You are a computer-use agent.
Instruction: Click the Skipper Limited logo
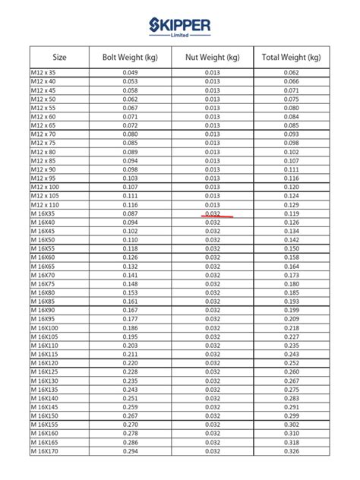pos(180,29)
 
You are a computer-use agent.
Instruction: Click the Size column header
pos(60,57)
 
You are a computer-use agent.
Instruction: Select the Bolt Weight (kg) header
pos(130,57)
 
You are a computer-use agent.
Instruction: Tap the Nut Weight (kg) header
pos(213,57)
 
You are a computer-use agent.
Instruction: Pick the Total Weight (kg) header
pos(292,57)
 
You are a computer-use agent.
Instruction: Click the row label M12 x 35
pos(43,72)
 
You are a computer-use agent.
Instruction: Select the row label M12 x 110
pos(45,205)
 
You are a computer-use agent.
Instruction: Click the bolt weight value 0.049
pos(130,72)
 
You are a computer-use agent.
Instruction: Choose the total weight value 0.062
pos(292,72)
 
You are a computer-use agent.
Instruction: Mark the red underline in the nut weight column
pos(217,216)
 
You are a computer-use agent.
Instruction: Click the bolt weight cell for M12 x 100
pos(130,188)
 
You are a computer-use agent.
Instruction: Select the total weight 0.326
pos(292,452)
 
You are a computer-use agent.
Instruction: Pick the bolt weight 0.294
pos(130,452)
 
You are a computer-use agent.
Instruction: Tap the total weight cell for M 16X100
pos(292,328)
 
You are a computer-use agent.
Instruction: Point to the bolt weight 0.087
pos(130,214)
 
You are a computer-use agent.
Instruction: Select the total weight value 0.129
pos(292,205)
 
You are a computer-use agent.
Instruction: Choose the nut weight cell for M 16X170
pos(213,452)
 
